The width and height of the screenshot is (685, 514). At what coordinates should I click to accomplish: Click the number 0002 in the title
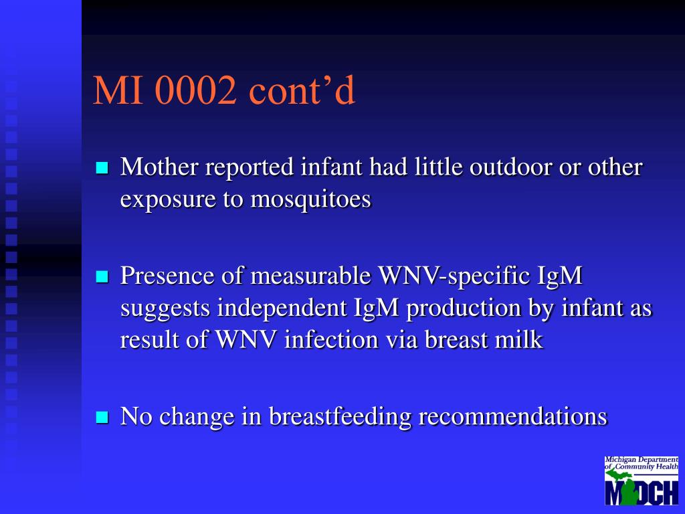[196, 90]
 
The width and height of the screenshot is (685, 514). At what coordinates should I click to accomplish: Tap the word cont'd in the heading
[302, 90]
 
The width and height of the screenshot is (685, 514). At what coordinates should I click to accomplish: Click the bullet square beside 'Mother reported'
[102, 168]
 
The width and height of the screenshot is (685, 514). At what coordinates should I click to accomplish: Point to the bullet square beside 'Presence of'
[102, 276]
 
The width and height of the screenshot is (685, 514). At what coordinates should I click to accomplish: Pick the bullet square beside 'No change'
[102, 418]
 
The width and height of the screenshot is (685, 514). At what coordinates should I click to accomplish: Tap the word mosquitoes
[310, 199]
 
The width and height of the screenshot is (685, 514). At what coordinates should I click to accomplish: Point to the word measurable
[310, 276]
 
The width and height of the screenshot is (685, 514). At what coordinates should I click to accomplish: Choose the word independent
[282, 308]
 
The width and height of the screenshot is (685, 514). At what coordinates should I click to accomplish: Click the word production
[464, 308]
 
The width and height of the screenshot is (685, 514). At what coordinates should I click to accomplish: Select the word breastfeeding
[340, 416]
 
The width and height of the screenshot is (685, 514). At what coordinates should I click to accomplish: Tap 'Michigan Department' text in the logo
[642, 460]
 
